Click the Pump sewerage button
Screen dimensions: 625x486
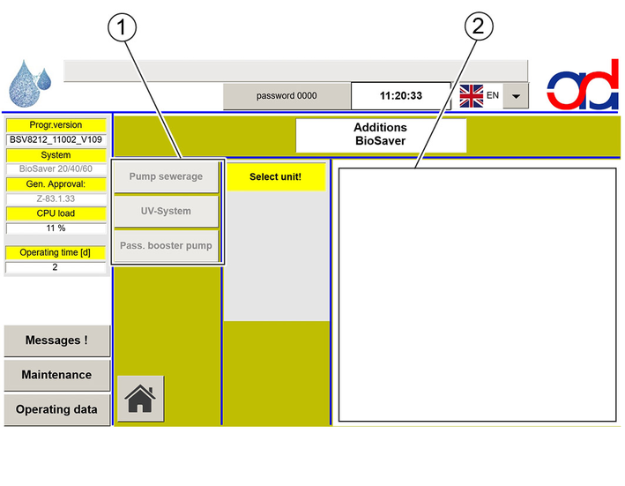pyautogui.click(x=167, y=176)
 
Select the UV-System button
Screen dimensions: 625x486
pyautogui.click(x=167, y=212)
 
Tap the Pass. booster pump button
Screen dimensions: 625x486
pyautogui.click(x=167, y=245)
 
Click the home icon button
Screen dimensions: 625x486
pyautogui.click(x=140, y=399)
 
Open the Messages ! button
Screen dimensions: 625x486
pyautogui.click(x=57, y=340)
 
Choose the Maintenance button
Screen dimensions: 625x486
pyautogui.click(x=57, y=375)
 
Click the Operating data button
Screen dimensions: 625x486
pyautogui.click(x=57, y=409)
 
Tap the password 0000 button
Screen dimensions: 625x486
pyautogui.click(x=287, y=95)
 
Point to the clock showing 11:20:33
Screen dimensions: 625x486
pyautogui.click(x=401, y=95)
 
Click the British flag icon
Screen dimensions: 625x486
pyautogui.click(x=472, y=95)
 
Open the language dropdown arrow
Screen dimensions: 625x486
pyautogui.click(x=516, y=95)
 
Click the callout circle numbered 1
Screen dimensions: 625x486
pyautogui.click(x=122, y=27)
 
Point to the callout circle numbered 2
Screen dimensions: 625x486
pyautogui.click(x=479, y=26)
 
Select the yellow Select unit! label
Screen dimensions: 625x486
pyautogui.click(x=275, y=176)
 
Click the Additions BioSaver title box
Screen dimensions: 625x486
pyautogui.click(x=381, y=134)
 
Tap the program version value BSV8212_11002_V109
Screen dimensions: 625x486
pyautogui.click(x=56, y=139)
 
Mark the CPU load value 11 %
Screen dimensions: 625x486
pyautogui.click(x=56, y=228)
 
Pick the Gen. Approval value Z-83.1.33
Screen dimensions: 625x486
pyautogui.click(x=56, y=198)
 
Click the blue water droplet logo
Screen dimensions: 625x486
pyautogui.click(x=29, y=83)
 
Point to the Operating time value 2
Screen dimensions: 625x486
pyautogui.click(x=56, y=267)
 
